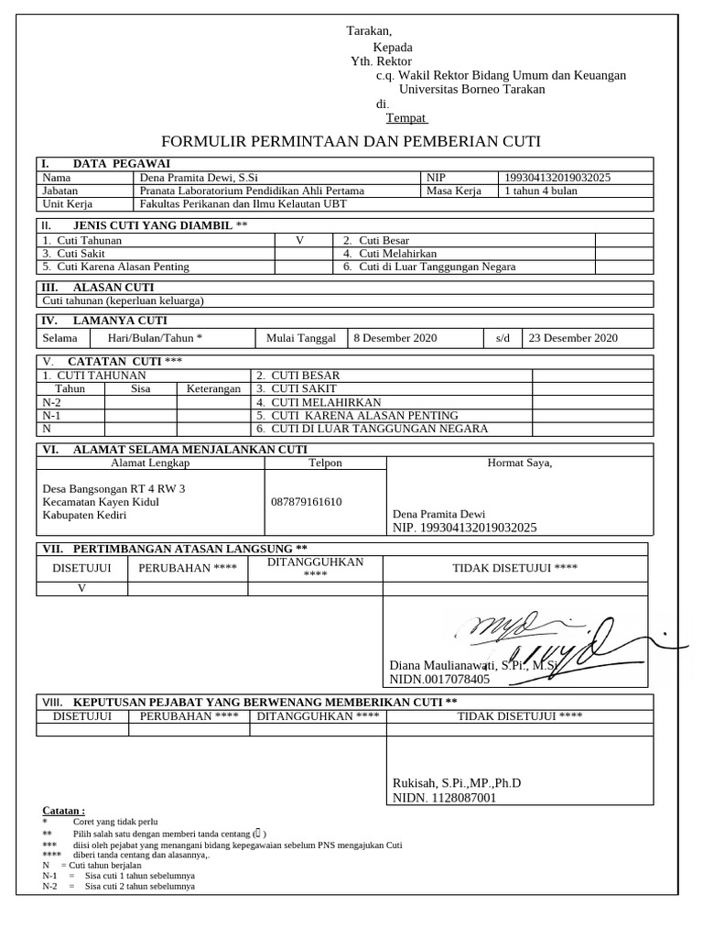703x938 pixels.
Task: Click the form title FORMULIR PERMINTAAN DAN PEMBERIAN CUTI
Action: point(351,141)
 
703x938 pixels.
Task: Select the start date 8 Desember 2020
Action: point(395,338)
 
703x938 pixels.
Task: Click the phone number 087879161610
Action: point(306,502)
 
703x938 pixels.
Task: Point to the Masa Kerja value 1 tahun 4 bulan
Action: point(541,191)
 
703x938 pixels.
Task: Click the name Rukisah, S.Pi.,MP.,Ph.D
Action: point(456,783)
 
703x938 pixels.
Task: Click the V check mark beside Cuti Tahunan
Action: point(299,240)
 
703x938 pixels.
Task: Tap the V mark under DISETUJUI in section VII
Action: point(81,588)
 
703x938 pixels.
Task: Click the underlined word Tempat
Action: point(406,118)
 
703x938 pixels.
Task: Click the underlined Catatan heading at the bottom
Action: point(64,811)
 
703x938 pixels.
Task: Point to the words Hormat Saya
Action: point(519,463)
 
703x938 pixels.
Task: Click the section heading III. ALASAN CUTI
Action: point(99,288)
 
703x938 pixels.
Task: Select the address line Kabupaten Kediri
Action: point(84,516)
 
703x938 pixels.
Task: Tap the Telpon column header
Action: point(325,463)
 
